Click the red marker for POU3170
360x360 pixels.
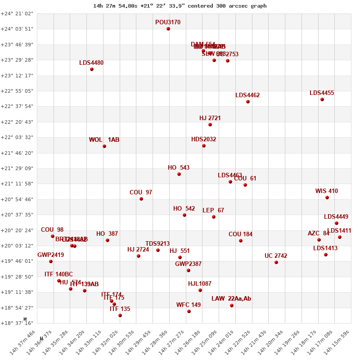[x=168, y=29]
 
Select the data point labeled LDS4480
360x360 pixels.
[x=92, y=69]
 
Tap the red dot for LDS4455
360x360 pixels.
[x=322, y=99]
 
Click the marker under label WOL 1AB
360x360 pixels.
[x=104, y=146]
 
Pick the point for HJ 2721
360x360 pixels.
[x=210, y=125]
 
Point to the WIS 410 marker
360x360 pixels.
[x=327, y=198]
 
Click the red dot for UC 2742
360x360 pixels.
[x=276, y=262]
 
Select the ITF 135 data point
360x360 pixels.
[x=120, y=315]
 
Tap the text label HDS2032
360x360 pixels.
[x=203, y=139]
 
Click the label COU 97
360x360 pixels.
[x=141, y=193]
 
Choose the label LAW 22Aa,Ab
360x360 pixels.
[x=231, y=299]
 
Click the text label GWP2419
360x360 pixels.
[x=50, y=255]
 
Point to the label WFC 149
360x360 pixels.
[x=189, y=305]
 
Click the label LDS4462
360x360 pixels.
[x=247, y=95]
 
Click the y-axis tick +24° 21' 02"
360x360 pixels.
[x=17, y=13]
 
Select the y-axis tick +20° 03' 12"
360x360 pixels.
[x=17, y=246]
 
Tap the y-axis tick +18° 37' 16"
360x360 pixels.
[x=17, y=323]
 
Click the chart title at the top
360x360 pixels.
[x=180, y=6]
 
